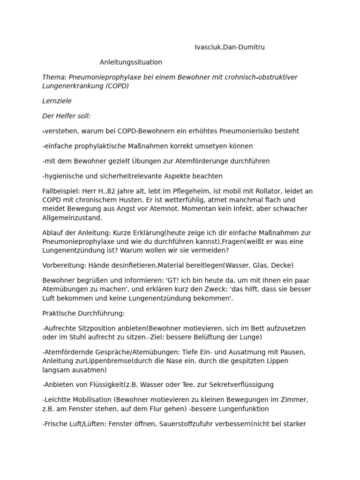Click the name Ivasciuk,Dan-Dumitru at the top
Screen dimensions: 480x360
[x=232, y=47]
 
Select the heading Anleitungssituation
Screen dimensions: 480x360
[x=131, y=62]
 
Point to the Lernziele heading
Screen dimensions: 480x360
[x=57, y=101]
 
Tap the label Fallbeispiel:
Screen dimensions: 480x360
[x=61, y=191]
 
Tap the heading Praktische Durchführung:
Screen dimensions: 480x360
[x=83, y=313]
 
